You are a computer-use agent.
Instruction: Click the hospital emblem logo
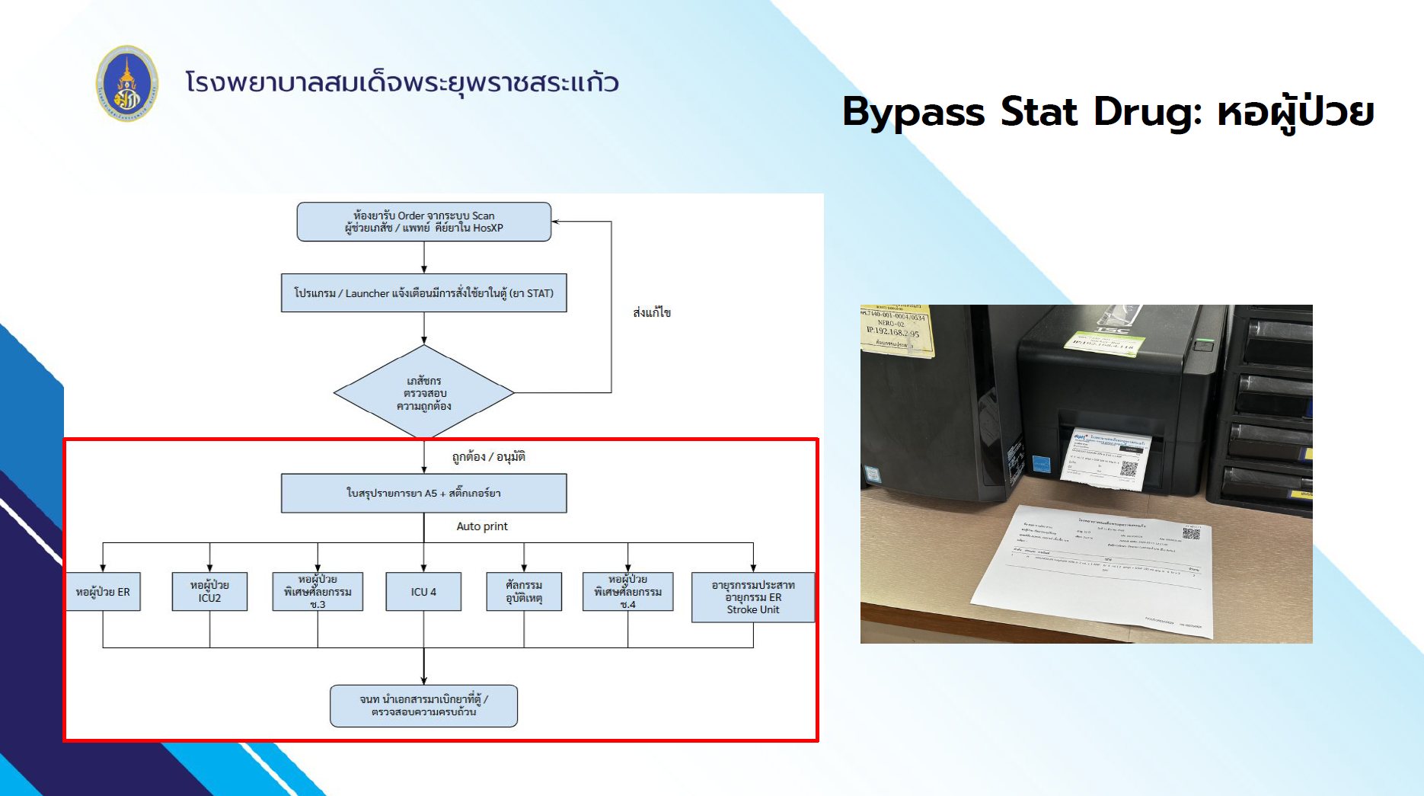[x=127, y=83]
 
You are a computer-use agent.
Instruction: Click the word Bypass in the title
[x=913, y=112]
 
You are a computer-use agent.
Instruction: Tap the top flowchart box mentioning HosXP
[x=423, y=222]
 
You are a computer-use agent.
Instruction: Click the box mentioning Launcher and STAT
[x=423, y=293]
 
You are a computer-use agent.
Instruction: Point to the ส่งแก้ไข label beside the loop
[x=652, y=312]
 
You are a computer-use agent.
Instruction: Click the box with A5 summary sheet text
[x=423, y=494]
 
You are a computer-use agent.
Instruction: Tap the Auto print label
[x=482, y=526]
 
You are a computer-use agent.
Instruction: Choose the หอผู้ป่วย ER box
[x=103, y=592]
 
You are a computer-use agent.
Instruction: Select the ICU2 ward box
[x=209, y=592]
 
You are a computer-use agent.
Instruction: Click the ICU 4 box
[x=423, y=592]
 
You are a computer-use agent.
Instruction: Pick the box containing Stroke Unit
[x=752, y=597]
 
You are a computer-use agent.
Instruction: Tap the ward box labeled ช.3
[x=318, y=592]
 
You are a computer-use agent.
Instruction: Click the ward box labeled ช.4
[x=627, y=592]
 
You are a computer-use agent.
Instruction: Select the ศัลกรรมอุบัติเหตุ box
[x=524, y=592]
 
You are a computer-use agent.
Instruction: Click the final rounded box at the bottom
[x=423, y=705]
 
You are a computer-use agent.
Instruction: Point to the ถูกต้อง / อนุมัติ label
[x=488, y=457]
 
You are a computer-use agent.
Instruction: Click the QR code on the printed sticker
[x=1129, y=468]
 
